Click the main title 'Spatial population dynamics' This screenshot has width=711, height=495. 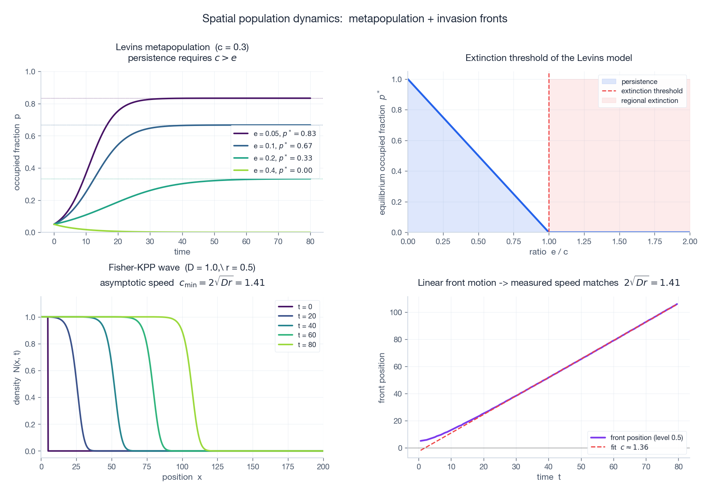pos(355,19)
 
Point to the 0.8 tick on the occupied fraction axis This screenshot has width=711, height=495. pos(30,104)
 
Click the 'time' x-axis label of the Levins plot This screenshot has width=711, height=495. pos(182,252)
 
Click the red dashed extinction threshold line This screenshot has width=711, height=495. pos(549,156)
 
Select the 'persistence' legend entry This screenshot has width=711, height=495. pos(639,82)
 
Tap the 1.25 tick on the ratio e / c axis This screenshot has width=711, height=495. pos(584,242)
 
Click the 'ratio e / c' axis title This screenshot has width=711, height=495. pos(548,252)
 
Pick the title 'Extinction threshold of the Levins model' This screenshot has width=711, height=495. pos(548,58)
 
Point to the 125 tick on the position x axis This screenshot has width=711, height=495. pos(217,467)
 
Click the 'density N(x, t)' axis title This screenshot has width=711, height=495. pos(17,377)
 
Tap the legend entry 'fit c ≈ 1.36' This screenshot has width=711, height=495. pos(629,447)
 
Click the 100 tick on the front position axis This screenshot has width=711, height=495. pos(396,313)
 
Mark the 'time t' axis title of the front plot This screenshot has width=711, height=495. pos(548,477)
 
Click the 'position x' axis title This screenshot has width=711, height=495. pos(182,477)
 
